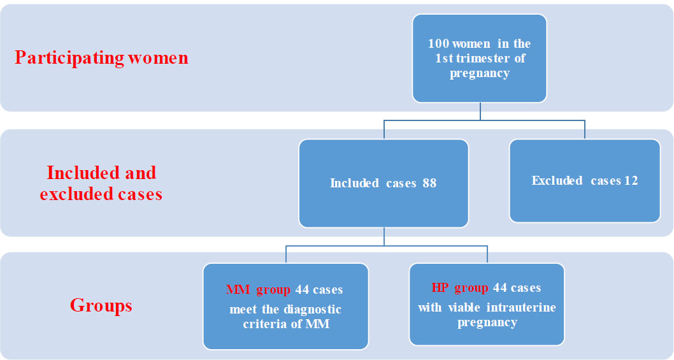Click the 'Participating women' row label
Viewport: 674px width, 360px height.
pos(101,58)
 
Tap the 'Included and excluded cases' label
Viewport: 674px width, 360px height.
pos(101,183)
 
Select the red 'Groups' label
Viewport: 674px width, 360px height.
pos(101,305)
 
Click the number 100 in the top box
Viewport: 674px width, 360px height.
pos(439,44)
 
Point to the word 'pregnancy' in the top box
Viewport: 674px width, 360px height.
pos(480,73)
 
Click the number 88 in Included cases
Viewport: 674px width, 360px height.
pos(429,184)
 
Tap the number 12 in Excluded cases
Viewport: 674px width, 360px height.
pos(631,181)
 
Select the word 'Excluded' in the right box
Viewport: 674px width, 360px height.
pos(557,181)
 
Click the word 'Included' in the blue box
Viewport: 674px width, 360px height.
pos(354,184)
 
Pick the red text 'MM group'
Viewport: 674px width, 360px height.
pos(258,290)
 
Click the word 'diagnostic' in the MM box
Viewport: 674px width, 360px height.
pos(312,310)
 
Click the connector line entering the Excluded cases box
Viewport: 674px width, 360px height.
pos(585,129)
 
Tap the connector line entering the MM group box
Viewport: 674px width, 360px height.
pos(286,255)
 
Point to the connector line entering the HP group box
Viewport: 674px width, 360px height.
pos(487,255)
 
